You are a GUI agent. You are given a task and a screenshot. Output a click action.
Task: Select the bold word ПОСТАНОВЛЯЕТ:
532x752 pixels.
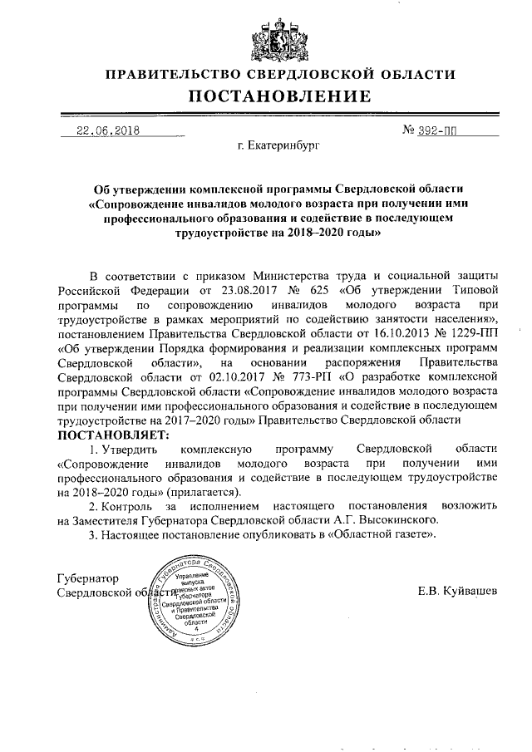click(112, 435)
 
